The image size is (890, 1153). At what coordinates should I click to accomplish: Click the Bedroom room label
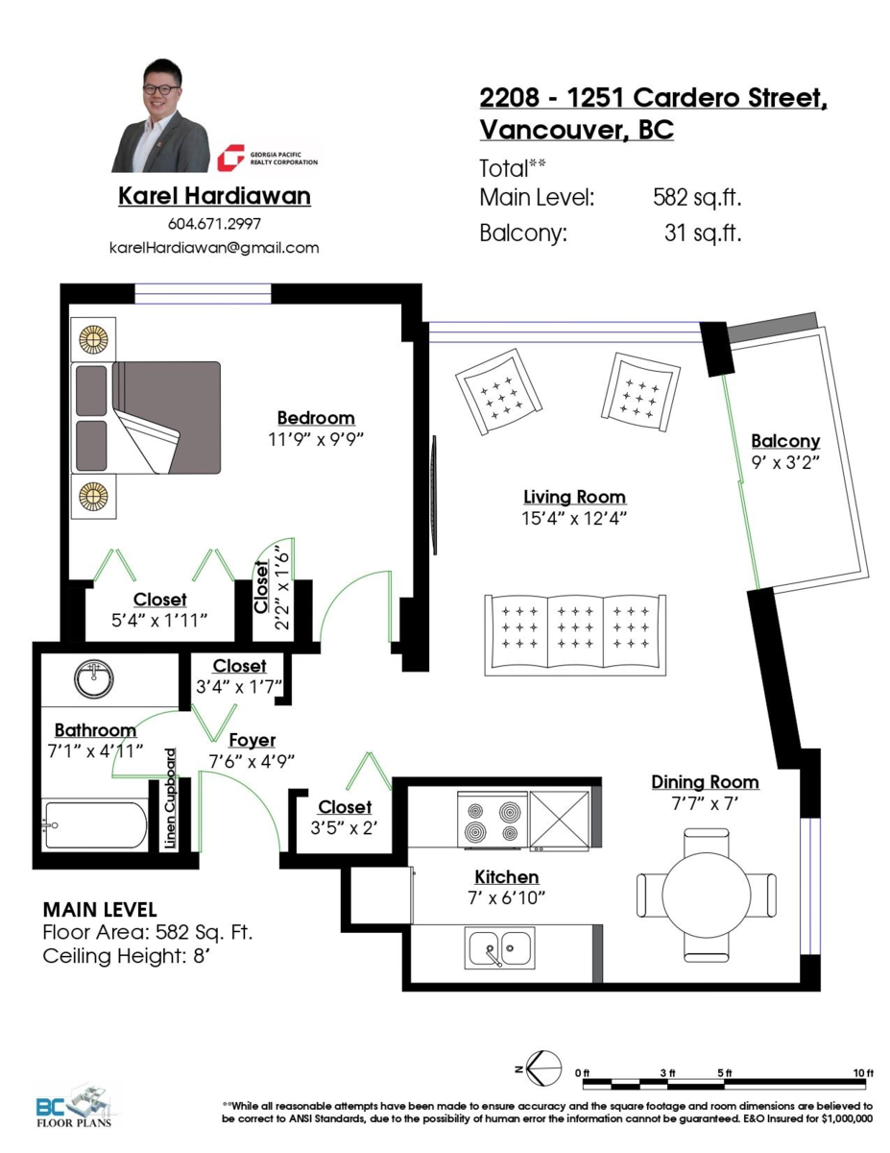(x=316, y=418)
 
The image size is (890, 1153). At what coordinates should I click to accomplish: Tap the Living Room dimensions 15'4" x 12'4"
(x=574, y=519)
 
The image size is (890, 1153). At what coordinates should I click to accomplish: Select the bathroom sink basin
(x=94, y=678)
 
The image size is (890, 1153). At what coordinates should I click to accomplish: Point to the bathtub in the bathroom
(x=96, y=825)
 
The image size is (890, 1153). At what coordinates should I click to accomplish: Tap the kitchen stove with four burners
(x=493, y=821)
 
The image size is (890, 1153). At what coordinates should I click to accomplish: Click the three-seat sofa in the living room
(x=575, y=635)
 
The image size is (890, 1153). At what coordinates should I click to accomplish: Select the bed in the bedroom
(x=146, y=418)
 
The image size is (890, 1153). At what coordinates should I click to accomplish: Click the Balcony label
(x=785, y=441)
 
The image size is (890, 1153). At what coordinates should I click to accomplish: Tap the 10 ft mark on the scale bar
(x=863, y=1073)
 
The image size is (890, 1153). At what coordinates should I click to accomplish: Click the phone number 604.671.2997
(x=214, y=224)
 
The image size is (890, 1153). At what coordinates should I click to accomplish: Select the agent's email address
(x=214, y=248)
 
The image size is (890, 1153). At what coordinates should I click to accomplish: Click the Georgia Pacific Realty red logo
(x=230, y=158)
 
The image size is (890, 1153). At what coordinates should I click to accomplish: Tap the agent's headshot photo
(x=160, y=115)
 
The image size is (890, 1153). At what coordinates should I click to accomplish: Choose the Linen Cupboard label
(x=170, y=798)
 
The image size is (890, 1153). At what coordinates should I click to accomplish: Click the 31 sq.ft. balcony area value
(x=703, y=233)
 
